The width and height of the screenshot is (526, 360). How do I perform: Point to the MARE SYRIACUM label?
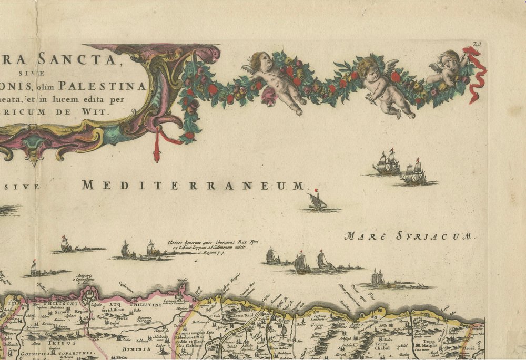(408, 236)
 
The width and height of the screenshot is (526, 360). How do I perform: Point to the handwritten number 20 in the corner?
(478, 46)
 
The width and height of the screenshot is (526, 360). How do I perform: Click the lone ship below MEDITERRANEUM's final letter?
(317, 201)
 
